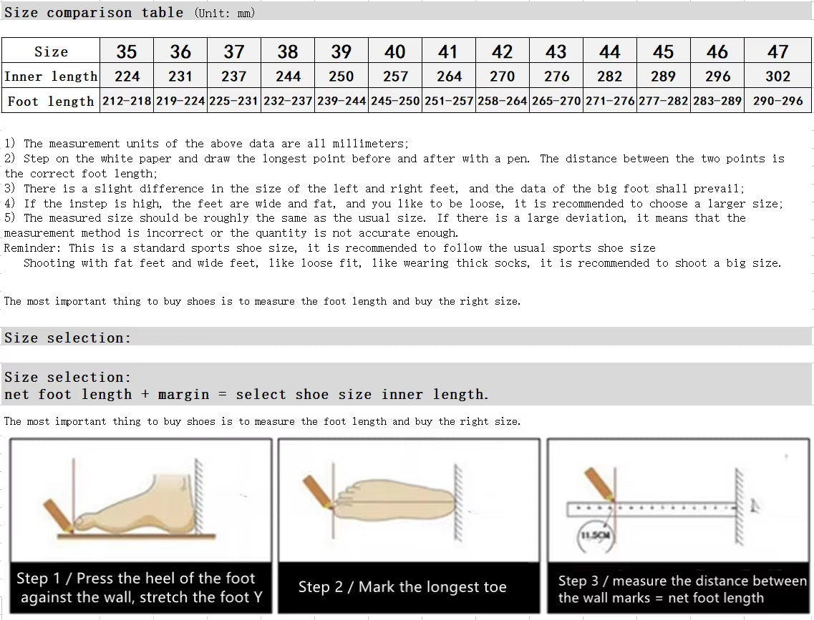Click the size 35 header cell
pos(127,51)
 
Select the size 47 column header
pos(777,51)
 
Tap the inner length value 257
pos(395,77)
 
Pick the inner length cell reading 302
pos(777,77)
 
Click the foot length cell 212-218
pos(127,101)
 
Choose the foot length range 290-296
pos(777,101)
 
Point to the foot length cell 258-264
pos(503,101)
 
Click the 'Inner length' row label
pos(51,77)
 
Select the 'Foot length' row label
pos(51,102)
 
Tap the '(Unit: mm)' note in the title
pos(224,13)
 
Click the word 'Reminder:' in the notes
pos(33,248)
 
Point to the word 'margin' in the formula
pos(184,395)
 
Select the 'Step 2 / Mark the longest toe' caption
pos(402,587)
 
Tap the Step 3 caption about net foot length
pos(682,589)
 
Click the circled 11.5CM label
pos(594,535)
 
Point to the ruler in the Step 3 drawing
pos(651,509)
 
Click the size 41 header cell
pos(448,51)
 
